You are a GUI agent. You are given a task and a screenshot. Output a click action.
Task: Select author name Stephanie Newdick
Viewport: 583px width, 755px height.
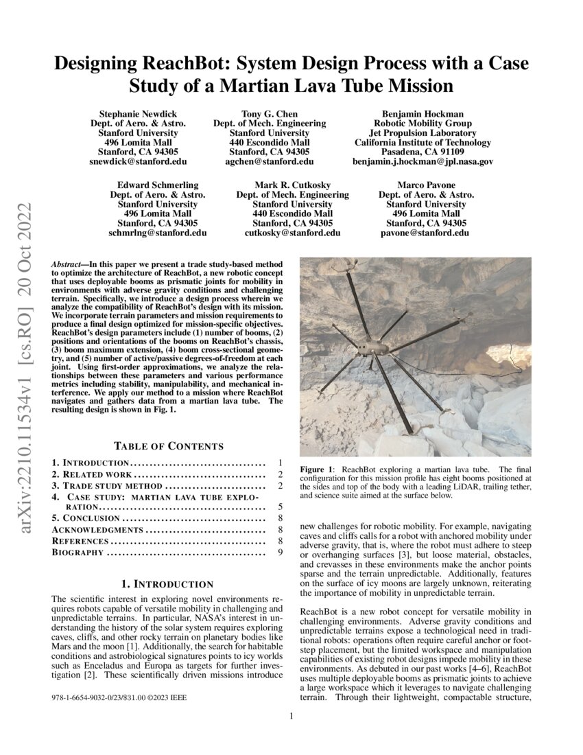coord(138,113)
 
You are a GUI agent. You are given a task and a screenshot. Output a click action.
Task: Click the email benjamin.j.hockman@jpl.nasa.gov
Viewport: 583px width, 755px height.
coord(423,161)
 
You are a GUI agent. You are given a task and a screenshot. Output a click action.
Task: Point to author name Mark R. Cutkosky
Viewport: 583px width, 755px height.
coord(292,185)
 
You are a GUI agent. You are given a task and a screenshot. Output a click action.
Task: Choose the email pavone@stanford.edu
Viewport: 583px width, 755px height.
coord(425,233)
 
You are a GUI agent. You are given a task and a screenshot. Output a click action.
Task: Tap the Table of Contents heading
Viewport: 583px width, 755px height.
coord(168,446)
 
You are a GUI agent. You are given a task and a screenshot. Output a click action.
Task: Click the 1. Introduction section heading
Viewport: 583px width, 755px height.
coord(167,584)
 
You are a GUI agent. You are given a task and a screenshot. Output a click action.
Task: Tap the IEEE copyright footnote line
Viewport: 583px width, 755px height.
coord(118,697)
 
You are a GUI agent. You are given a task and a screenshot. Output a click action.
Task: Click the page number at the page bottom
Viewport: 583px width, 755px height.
coord(291,717)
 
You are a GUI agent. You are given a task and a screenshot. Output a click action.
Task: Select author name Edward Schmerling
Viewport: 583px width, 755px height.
coord(158,185)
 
